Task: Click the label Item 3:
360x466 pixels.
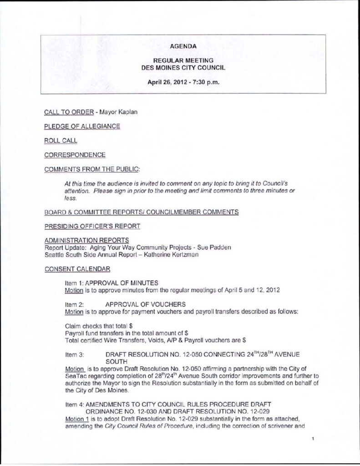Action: (x=75, y=353)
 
